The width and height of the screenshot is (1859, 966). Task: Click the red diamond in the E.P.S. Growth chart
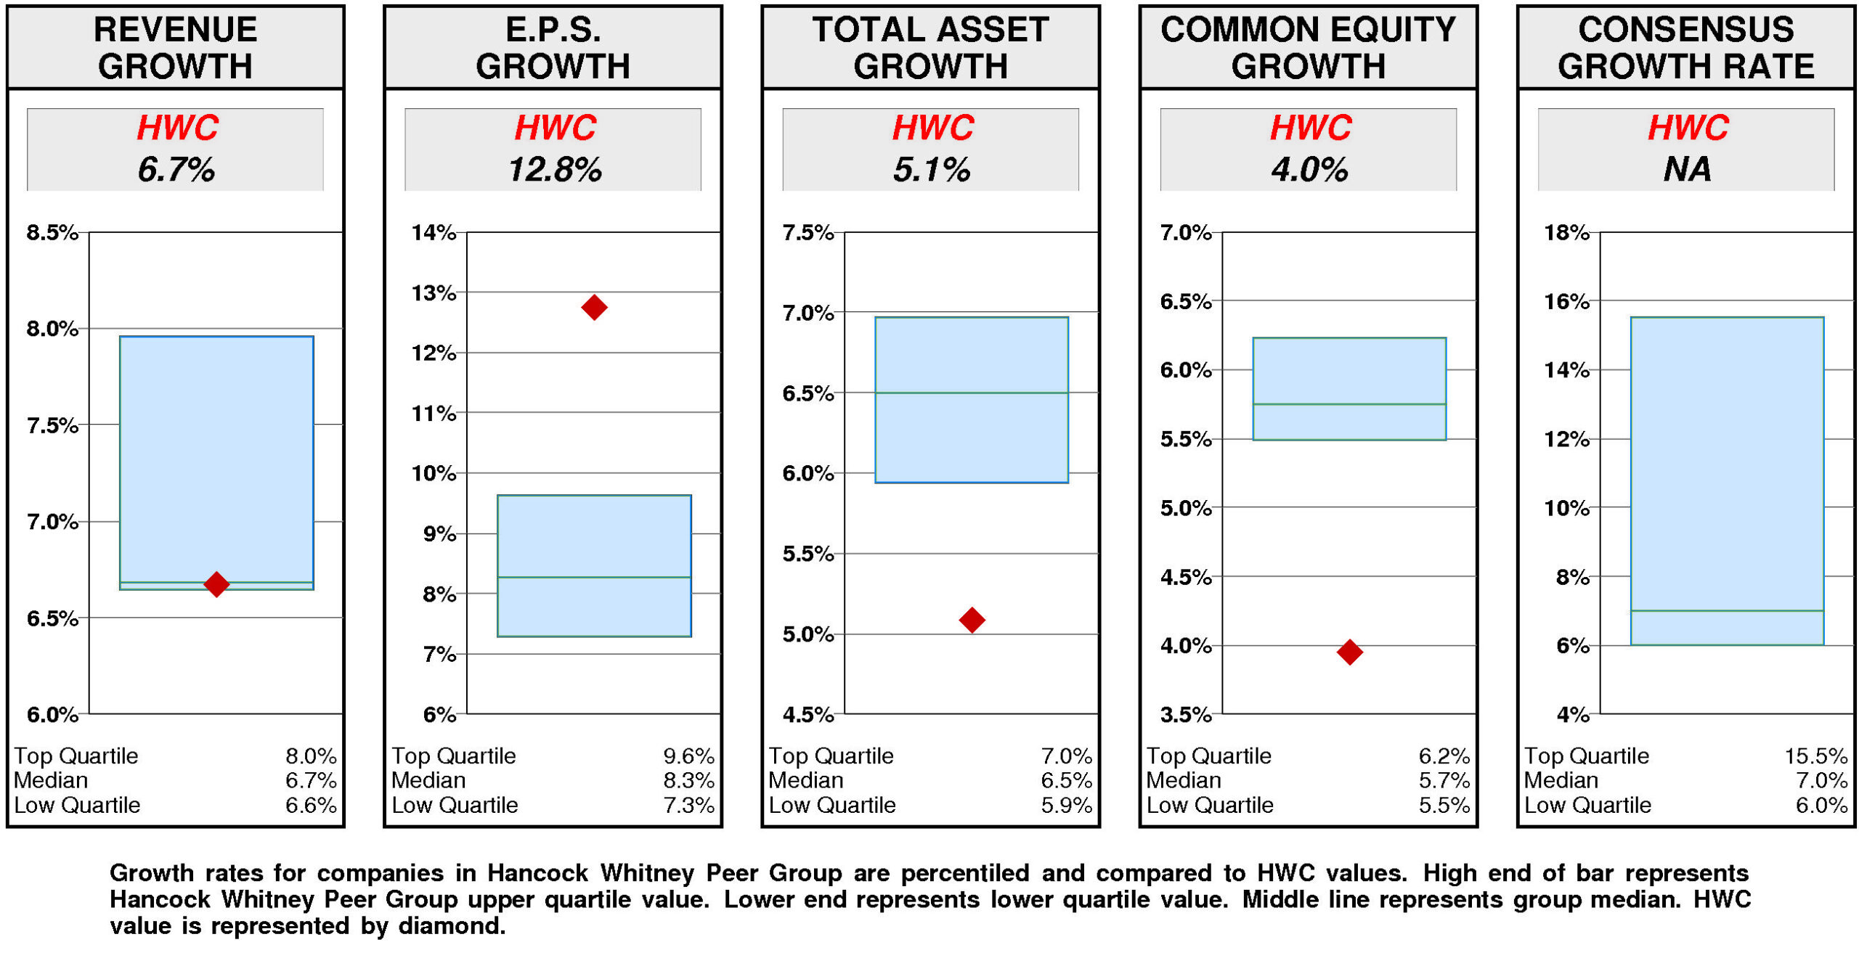click(x=593, y=307)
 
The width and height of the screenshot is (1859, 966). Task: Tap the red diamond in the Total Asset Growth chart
click(x=971, y=619)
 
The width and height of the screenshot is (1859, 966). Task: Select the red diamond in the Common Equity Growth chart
click(x=1349, y=651)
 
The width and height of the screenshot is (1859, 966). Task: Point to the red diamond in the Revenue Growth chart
click(x=216, y=584)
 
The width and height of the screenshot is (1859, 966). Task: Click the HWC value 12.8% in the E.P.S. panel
click(x=554, y=170)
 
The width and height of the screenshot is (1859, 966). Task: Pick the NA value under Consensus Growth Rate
click(x=1686, y=170)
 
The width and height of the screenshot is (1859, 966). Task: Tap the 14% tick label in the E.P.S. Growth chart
click(x=434, y=233)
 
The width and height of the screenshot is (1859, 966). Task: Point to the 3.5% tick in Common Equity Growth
click(x=1185, y=715)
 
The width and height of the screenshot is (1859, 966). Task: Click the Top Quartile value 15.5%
click(x=1815, y=756)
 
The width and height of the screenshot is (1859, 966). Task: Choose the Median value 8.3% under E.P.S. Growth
click(x=688, y=780)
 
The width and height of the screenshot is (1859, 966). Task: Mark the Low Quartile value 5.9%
click(x=1065, y=805)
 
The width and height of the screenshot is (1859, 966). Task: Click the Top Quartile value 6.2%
click(x=1443, y=756)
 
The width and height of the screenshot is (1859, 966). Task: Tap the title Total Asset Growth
click(x=930, y=48)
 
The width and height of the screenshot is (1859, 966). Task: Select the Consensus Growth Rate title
click(x=1685, y=48)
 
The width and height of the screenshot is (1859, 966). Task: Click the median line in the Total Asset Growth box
click(x=971, y=393)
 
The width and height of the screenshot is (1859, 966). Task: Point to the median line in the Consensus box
click(x=1726, y=610)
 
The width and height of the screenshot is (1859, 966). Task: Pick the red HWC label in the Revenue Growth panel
click(x=177, y=128)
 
